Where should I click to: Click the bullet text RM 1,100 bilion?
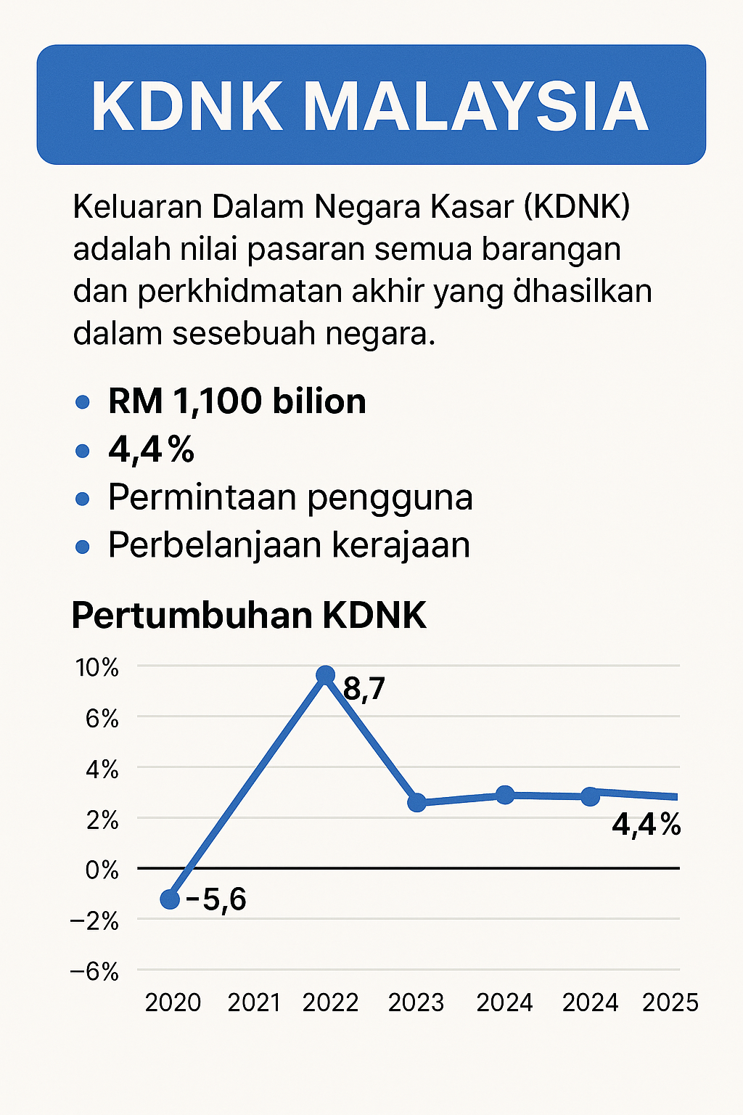coord(237,401)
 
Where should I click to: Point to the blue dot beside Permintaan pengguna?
coord(83,499)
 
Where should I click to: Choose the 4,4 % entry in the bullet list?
coord(151,450)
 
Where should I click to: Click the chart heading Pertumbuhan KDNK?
coord(249,616)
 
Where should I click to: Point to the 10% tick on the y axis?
coord(97,667)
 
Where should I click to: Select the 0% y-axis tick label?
coord(102,869)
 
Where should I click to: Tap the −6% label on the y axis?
coord(94,971)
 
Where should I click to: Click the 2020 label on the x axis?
coord(173,1002)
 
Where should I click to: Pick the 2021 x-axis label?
coord(254,1002)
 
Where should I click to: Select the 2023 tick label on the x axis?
coord(416,1002)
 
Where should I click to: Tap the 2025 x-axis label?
coord(670,1002)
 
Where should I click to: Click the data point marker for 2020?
coord(170,899)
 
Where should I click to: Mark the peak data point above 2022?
coord(326,676)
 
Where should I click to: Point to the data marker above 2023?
coord(416,803)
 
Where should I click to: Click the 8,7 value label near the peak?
coord(364,688)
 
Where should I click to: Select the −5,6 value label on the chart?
coord(216,900)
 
